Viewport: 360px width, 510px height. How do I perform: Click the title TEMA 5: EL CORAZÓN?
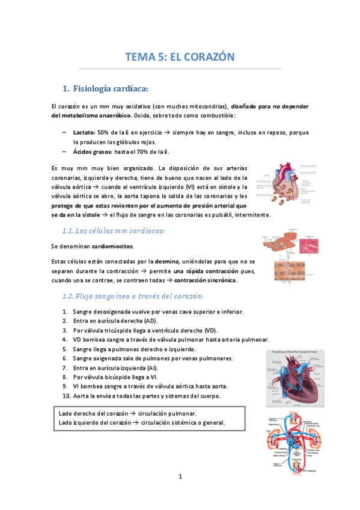(178, 57)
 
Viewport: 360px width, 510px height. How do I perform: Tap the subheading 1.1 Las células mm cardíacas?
(114, 231)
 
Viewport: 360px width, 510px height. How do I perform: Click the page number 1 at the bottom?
(180, 477)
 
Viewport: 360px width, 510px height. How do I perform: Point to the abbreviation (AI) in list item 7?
(151, 367)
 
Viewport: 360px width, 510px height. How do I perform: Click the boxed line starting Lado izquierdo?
(142, 422)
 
